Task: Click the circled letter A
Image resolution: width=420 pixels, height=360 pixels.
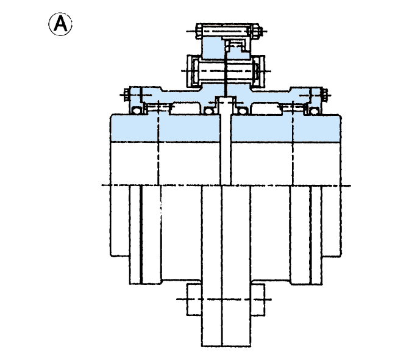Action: tap(60, 24)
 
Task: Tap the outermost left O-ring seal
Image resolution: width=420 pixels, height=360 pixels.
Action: tap(137, 110)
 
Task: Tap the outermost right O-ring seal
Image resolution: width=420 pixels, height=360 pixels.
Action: tap(314, 110)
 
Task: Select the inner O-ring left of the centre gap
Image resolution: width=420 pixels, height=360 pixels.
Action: tap(209, 110)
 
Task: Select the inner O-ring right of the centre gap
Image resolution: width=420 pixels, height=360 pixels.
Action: tap(242, 110)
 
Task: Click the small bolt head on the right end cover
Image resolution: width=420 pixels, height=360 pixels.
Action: tap(325, 95)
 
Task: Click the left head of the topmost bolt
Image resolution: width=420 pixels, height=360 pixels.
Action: tap(198, 31)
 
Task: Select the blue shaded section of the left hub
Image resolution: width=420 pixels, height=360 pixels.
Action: tap(165, 128)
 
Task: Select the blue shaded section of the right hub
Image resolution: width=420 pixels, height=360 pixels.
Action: tap(286, 128)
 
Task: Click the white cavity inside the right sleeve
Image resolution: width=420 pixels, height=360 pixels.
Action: tap(266, 109)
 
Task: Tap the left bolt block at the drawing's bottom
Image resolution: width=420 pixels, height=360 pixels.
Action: tap(194, 300)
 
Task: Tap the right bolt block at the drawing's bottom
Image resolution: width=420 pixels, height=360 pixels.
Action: tap(258, 300)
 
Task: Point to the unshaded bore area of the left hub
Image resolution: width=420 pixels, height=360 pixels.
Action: tap(165, 164)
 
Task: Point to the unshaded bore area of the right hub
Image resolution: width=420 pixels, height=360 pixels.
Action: tap(286, 164)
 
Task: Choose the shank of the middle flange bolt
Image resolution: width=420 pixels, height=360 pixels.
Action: tap(226, 71)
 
